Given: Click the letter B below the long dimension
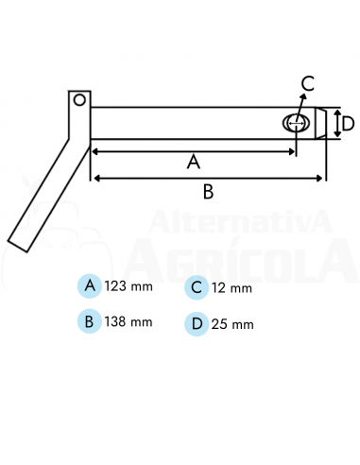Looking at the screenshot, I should click(208, 192).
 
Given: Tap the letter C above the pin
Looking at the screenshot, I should click(308, 82).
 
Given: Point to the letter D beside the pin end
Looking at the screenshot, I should click(347, 123).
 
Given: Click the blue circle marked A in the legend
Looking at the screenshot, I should click(90, 285).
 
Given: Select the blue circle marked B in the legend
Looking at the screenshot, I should click(90, 321).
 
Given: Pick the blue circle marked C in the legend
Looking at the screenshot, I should click(196, 287).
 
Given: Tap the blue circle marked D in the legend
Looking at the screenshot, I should click(196, 323).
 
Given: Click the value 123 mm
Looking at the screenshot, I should click(128, 285).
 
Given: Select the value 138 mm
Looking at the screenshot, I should click(129, 321).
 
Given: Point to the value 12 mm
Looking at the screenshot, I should click(231, 287).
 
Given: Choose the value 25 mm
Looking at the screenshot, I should click(232, 324).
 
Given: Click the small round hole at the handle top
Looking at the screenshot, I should click(79, 98).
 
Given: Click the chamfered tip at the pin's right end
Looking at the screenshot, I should click(321, 123).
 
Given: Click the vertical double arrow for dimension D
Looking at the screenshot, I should click(335, 123).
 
